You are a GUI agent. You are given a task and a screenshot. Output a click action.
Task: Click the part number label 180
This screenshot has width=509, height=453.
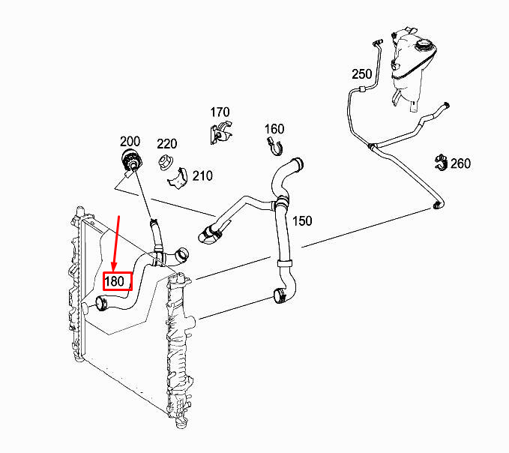pyautogui.click(x=117, y=282)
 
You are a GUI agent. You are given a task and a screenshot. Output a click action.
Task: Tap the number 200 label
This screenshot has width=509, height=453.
pyautogui.click(x=130, y=141)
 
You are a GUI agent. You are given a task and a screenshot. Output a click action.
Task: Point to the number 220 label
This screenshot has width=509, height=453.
pyautogui.click(x=166, y=144)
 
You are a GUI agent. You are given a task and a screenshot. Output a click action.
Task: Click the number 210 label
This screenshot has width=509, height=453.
pyautogui.click(x=202, y=176)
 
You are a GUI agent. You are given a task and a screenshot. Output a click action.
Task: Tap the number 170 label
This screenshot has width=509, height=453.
pyautogui.click(x=220, y=112)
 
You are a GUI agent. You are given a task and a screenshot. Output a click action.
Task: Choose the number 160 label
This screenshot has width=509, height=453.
pyautogui.click(x=274, y=128)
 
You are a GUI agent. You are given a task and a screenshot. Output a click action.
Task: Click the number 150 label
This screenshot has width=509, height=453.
pyautogui.click(x=302, y=221)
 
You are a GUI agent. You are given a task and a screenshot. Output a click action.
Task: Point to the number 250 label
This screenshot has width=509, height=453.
pyautogui.click(x=362, y=74)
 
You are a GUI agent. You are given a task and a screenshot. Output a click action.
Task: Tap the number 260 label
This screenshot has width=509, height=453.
pyautogui.click(x=460, y=163)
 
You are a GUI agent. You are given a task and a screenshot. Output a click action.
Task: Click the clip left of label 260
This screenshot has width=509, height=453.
pyautogui.click(x=440, y=161)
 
